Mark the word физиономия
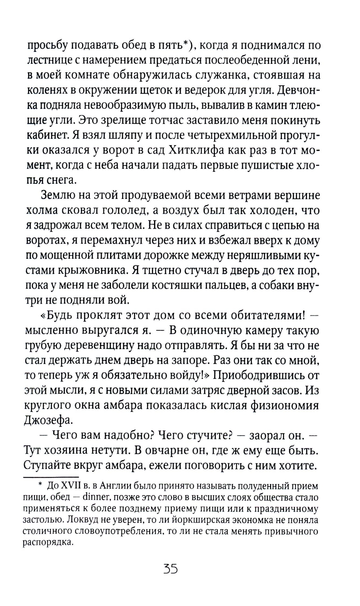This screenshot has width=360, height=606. pos(283,405)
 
